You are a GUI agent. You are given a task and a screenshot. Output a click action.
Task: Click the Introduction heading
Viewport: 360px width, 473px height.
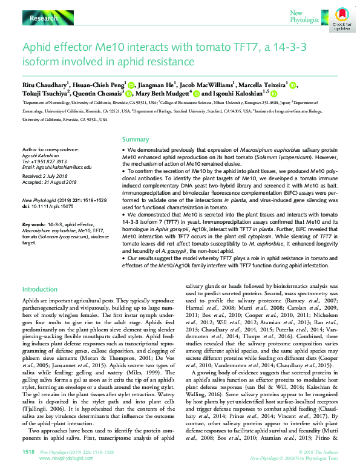39,290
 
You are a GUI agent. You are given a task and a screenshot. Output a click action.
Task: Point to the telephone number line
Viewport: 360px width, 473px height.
43,161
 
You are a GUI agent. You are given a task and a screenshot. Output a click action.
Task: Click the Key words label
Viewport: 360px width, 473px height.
33,224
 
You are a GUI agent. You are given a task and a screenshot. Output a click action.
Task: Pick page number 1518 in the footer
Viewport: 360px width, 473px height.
28,451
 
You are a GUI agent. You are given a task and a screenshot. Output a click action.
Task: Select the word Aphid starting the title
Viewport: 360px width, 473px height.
37,47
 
